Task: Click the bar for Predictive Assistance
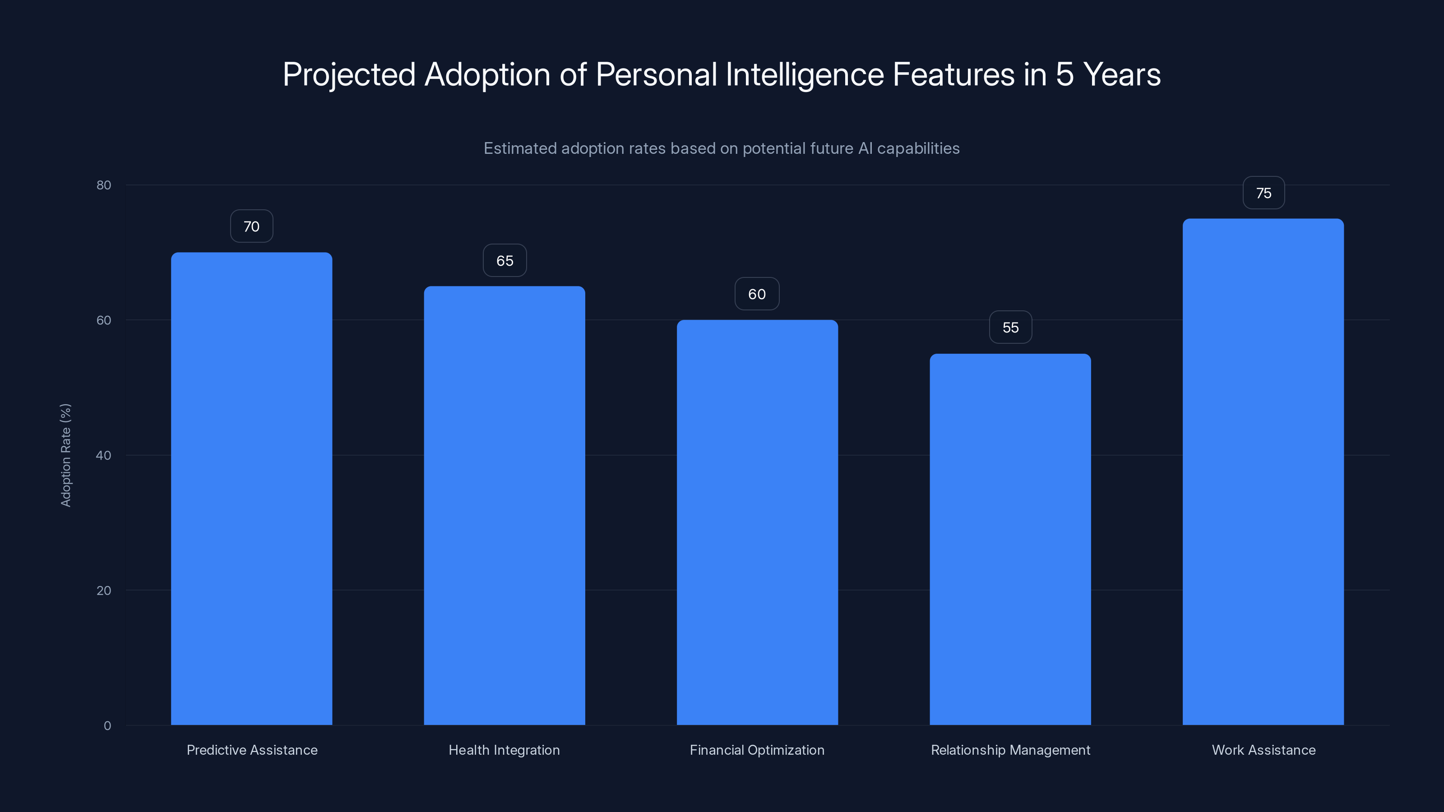(x=251, y=488)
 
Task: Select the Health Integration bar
(x=504, y=505)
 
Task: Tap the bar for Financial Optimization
(x=757, y=522)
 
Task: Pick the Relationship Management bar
(x=1010, y=539)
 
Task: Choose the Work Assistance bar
(x=1263, y=471)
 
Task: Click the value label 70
(x=251, y=226)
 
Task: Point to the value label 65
(x=504, y=261)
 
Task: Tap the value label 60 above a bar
(x=757, y=294)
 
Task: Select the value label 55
(x=1010, y=327)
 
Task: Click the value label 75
(x=1263, y=194)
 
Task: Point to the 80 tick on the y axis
(x=104, y=185)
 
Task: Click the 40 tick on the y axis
(x=104, y=455)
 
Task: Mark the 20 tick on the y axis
(x=104, y=590)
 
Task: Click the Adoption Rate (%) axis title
(x=65, y=455)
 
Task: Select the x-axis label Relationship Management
(x=1010, y=750)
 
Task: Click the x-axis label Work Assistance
(x=1263, y=750)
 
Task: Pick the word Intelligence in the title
(x=805, y=74)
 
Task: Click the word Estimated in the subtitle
(x=520, y=148)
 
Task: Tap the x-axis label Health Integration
(x=504, y=750)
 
